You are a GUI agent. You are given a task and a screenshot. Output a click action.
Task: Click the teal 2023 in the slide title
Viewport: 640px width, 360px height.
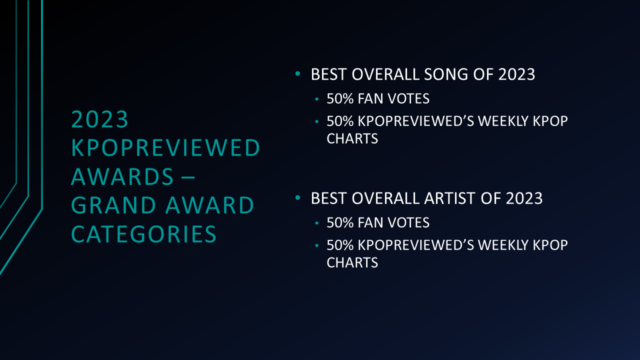(x=99, y=119)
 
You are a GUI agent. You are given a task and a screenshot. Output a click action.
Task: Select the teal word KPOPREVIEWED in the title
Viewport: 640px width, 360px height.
(x=165, y=147)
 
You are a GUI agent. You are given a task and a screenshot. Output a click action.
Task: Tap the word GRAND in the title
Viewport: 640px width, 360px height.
(x=113, y=205)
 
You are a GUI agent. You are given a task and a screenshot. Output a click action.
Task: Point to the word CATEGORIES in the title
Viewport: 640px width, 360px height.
(x=143, y=234)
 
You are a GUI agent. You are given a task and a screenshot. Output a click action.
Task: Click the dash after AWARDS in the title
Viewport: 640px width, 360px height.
(x=188, y=177)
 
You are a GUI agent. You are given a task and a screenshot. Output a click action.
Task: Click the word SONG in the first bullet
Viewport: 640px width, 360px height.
(x=446, y=74)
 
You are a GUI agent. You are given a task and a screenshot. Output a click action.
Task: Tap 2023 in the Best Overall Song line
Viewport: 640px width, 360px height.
(x=516, y=74)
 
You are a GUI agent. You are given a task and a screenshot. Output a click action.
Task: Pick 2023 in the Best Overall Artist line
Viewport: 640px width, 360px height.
(x=524, y=198)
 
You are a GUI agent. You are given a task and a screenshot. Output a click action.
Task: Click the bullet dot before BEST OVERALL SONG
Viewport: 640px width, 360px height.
(x=297, y=73)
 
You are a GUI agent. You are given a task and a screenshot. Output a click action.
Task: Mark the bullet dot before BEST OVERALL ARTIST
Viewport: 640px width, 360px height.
(x=297, y=197)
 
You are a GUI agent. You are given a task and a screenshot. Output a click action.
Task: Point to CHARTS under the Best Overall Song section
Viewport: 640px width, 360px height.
(x=352, y=139)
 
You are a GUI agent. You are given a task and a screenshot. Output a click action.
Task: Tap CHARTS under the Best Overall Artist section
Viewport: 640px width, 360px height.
(x=352, y=263)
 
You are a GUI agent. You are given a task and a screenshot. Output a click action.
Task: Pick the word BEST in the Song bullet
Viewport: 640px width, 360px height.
(x=328, y=74)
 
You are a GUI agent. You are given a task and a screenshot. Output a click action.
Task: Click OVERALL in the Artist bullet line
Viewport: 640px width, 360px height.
(x=385, y=198)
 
